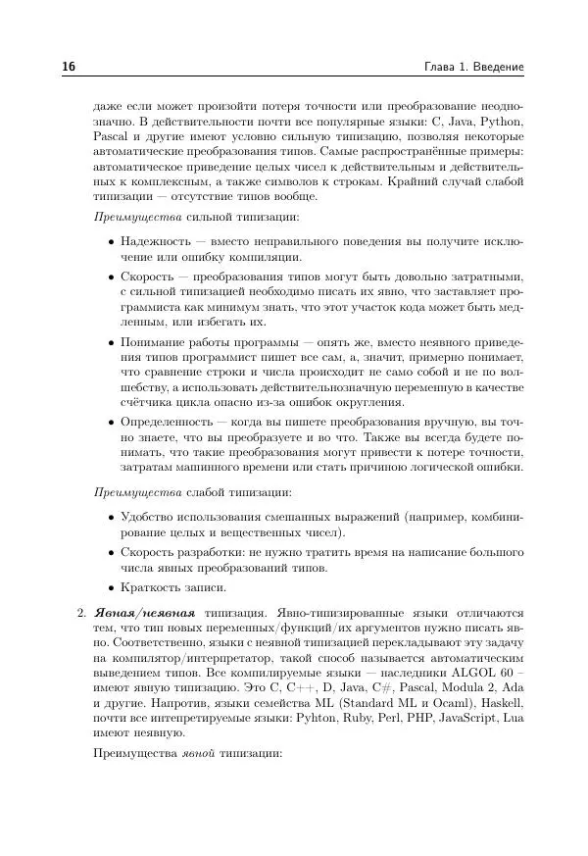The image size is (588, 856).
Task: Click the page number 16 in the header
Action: (x=70, y=67)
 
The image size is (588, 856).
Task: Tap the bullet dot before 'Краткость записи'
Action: (x=111, y=588)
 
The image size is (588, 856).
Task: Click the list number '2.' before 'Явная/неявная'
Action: (x=81, y=613)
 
